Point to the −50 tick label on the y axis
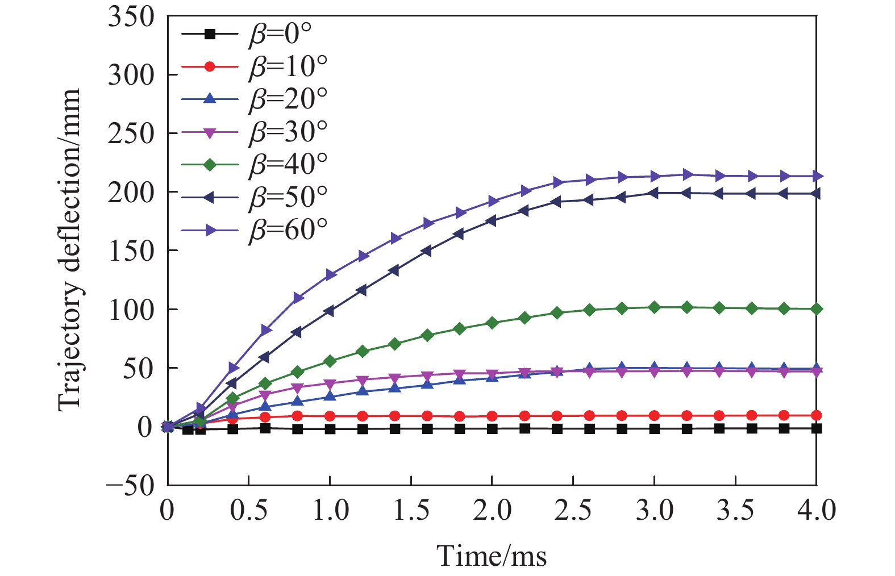click(x=130, y=486)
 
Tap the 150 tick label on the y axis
click(x=131, y=251)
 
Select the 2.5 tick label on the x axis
click(x=573, y=510)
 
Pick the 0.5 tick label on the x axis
click(x=249, y=510)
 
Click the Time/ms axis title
click(x=492, y=555)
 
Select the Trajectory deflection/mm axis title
click(x=70, y=250)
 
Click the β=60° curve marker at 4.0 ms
click(x=817, y=176)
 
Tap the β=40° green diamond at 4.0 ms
click(x=817, y=309)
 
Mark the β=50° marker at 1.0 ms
click(x=330, y=311)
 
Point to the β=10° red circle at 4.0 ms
click(x=817, y=415)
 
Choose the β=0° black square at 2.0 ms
click(x=492, y=429)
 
